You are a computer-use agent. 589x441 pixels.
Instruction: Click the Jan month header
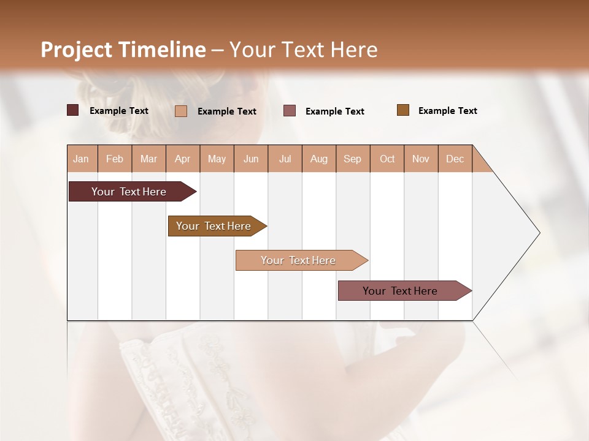point(82,159)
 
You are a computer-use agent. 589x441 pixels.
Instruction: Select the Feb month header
point(115,159)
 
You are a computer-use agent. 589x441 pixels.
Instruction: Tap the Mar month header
point(148,159)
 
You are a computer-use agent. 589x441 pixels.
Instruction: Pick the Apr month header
point(183,159)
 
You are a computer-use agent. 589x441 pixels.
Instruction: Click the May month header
point(217,159)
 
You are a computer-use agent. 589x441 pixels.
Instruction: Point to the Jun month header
point(251,159)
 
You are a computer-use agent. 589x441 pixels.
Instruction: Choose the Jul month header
point(285,159)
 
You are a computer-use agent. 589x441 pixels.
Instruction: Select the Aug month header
point(319,159)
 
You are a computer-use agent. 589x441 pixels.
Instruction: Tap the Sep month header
point(353,159)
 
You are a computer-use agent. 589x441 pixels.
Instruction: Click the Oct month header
point(387,159)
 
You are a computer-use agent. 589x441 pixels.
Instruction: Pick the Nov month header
point(421,159)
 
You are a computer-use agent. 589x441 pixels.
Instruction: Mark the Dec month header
point(455,159)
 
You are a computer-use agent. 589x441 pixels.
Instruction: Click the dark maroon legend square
point(73,110)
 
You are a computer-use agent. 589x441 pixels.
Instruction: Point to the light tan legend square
point(181,111)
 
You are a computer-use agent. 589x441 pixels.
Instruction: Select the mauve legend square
point(290,111)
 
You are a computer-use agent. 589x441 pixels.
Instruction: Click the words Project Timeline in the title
point(123,50)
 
